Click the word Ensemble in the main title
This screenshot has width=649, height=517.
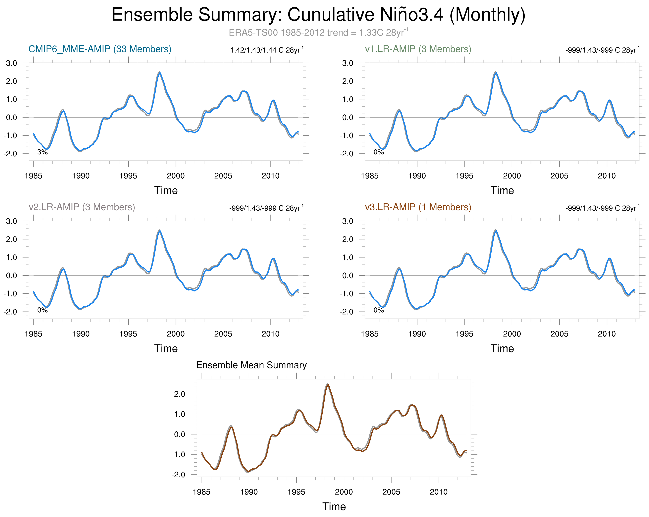pyautogui.click(x=152, y=15)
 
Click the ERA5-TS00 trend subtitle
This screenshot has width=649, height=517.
pyautogui.click(x=318, y=32)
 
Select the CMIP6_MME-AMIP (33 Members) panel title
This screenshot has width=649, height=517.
pyautogui.click(x=100, y=49)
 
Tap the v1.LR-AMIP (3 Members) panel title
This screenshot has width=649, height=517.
pyautogui.click(x=418, y=49)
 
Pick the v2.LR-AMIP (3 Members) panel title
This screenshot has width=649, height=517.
pyautogui.click(x=81, y=207)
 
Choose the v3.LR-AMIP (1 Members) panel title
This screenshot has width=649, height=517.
pyautogui.click(x=418, y=207)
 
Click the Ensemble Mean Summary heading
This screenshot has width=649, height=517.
pyautogui.click(x=251, y=365)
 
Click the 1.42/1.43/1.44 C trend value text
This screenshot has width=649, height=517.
pyautogui.click(x=266, y=50)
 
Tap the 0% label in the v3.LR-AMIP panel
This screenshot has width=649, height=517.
pyautogui.click(x=378, y=310)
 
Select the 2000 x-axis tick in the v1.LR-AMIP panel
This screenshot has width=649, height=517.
pyautogui.click(x=512, y=176)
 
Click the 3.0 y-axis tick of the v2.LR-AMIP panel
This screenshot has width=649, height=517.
pyautogui.click(x=11, y=221)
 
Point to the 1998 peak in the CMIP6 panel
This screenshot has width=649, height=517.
pyautogui.click(x=159, y=73)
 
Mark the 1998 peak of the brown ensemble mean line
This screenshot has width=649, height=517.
pyautogui.click(x=328, y=384)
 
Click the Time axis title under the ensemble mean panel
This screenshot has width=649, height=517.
pyautogui.click(x=334, y=506)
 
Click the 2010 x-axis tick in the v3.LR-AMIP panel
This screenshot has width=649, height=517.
pyautogui.click(x=607, y=334)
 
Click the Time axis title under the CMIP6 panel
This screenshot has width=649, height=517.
pyautogui.click(x=166, y=190)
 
